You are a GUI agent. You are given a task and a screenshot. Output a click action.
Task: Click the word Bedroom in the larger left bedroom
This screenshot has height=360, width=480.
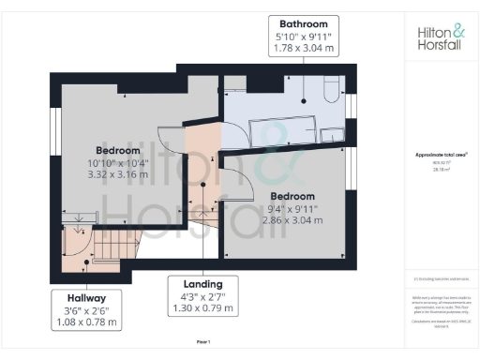point(118,150)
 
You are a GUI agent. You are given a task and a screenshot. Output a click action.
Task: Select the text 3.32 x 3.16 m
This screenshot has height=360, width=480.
point(118,174)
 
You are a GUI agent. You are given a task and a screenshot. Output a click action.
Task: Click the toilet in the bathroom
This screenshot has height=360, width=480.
point(329,91)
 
